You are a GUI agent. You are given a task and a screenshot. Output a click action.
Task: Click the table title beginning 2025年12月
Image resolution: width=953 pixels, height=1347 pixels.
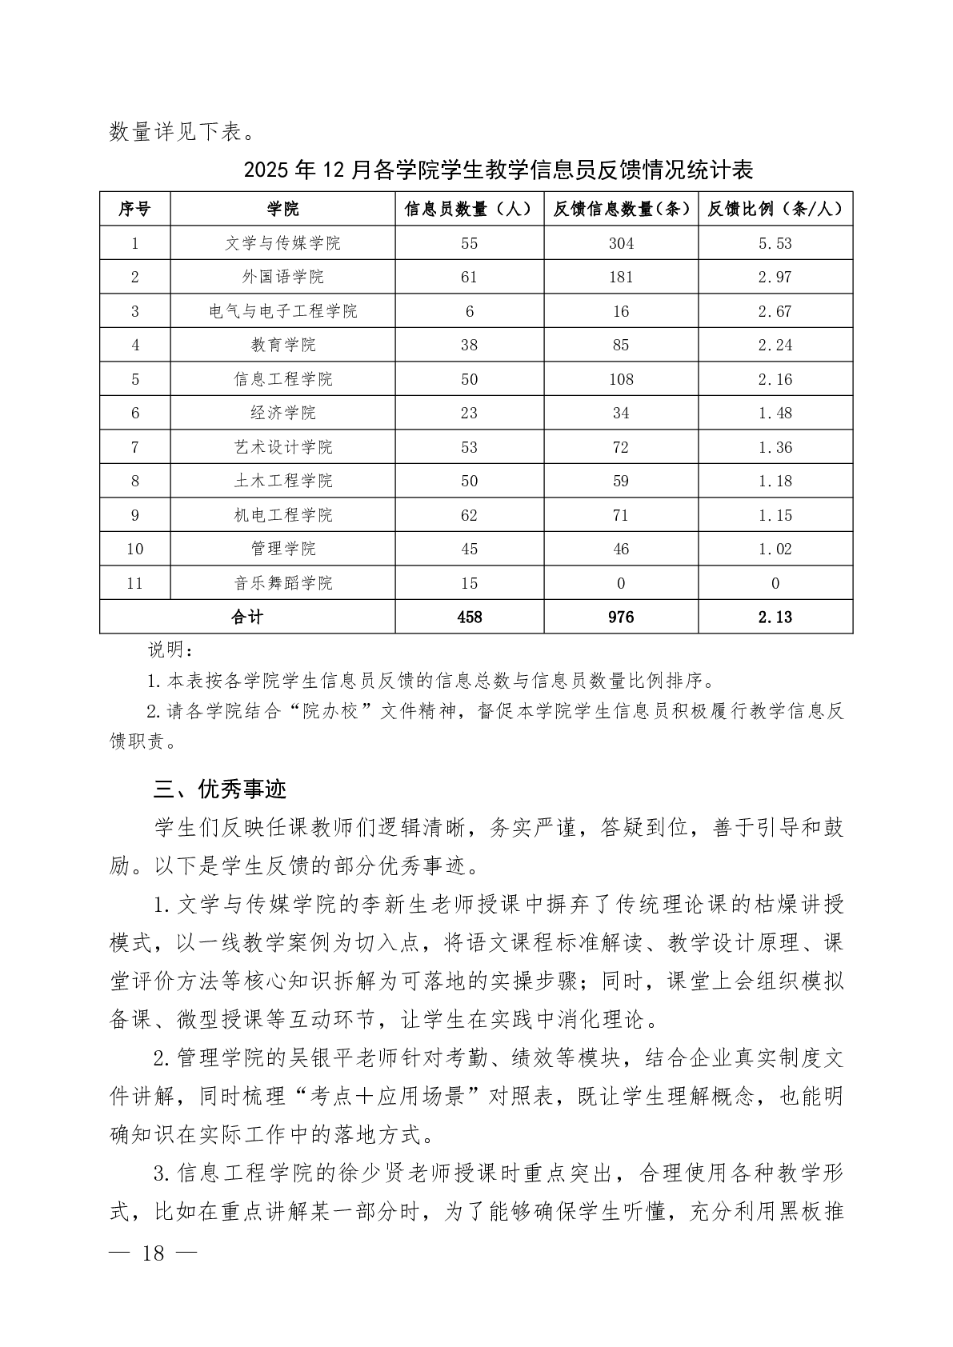(499, 170)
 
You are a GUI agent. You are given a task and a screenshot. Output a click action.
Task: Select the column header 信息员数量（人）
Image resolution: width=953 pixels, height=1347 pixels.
(469, 210)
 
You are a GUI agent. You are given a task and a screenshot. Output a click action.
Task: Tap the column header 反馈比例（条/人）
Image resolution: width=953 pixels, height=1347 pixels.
(775, 210)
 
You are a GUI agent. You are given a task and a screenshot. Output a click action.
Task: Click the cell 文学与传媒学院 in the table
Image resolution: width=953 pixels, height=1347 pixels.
(282, 243)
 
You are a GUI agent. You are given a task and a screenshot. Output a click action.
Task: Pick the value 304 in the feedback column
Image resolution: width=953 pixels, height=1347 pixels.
(621, 243)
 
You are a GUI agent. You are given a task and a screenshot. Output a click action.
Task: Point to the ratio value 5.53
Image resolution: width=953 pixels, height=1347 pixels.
(775, 243)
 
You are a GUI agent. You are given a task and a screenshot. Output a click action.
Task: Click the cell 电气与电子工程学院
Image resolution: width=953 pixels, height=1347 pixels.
(282, 311)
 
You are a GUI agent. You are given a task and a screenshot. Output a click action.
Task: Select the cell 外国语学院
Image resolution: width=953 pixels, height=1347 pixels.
(282, 278)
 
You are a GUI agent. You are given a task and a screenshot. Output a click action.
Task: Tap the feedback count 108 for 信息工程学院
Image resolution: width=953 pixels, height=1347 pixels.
(621, 379)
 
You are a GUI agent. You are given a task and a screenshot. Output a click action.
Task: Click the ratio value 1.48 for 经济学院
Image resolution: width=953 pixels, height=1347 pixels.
(775, 413)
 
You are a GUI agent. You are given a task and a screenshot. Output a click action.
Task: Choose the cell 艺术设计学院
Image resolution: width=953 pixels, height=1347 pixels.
(282, 447)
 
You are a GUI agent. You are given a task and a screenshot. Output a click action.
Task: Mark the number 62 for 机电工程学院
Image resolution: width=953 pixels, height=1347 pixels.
(469, 515)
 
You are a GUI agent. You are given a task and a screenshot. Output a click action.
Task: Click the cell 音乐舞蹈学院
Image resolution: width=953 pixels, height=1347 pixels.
(282, 583)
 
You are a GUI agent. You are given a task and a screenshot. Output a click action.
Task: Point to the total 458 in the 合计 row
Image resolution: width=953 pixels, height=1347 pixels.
(469, 617)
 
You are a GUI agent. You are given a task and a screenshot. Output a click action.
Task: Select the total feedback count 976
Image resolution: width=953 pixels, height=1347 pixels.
(621, 617)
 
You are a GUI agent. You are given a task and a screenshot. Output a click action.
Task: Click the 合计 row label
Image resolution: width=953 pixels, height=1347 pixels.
(246, 617)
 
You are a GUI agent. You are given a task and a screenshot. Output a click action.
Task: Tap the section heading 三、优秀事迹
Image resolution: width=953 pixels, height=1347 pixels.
(220, 789)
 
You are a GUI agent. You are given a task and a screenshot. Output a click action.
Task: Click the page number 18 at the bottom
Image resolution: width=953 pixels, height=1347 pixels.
(152, 1253)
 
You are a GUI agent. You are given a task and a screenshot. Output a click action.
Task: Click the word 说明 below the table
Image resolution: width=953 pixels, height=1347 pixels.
(166, 648)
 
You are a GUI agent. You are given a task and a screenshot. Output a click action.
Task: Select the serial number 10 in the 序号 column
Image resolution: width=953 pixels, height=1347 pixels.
(134, 549)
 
